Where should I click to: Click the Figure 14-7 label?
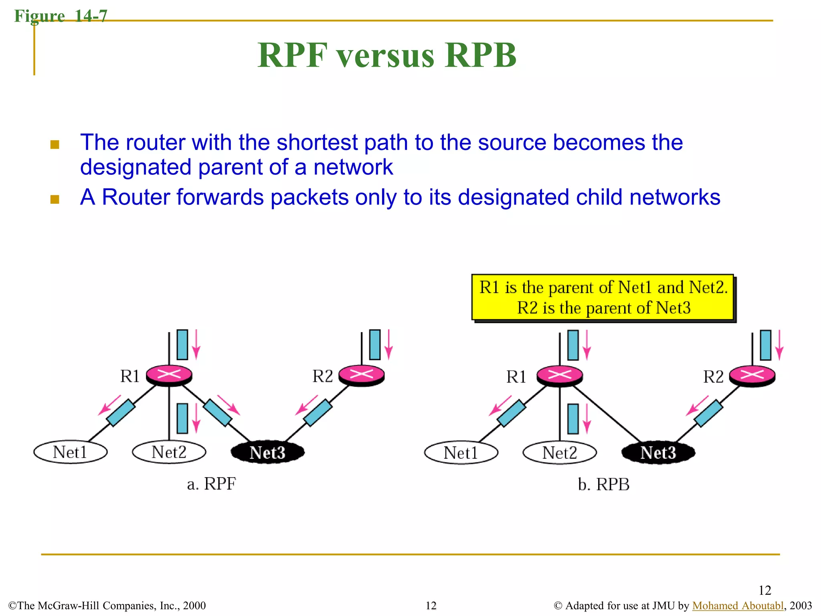tap(61, 16)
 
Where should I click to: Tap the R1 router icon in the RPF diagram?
tap(169, 375)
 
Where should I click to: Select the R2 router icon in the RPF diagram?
tap(361, 375)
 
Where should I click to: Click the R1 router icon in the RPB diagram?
tap(559, 376)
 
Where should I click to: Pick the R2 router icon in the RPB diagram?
tap(752, 376)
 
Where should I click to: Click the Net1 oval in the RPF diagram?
tap(70, 452)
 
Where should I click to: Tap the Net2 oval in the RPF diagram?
tap(169, 452)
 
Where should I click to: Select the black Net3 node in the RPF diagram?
tap(267, 452)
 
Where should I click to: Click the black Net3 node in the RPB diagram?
tap(658, 453)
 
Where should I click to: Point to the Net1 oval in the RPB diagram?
tap(461, 453)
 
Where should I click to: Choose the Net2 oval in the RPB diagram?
tap(559, 453)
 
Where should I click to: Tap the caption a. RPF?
tap(211, 484)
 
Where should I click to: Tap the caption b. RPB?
tap(603, 484)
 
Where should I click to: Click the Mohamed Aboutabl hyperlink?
tap(738, 606)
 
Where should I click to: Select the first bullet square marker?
tap(55, 144)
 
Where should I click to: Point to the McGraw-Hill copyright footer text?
tap(107, 606)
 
